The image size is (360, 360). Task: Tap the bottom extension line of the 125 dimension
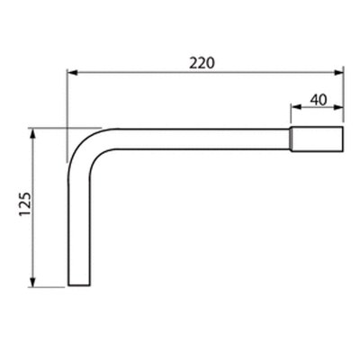click(49, 287)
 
